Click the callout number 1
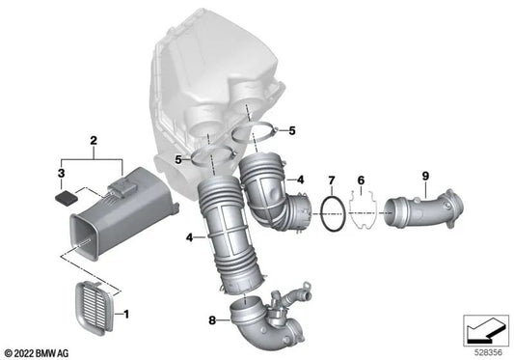pos(126,314)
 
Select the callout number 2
pos(94,141)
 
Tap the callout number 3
pos(62,174)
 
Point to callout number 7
pos(332,180)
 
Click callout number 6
pos(361,180)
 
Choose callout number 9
pos(425,177)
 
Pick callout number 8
pos(212,320)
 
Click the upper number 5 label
pos(292,131)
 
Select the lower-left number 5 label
pos(178,160)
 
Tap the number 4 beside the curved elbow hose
pos(300,180)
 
